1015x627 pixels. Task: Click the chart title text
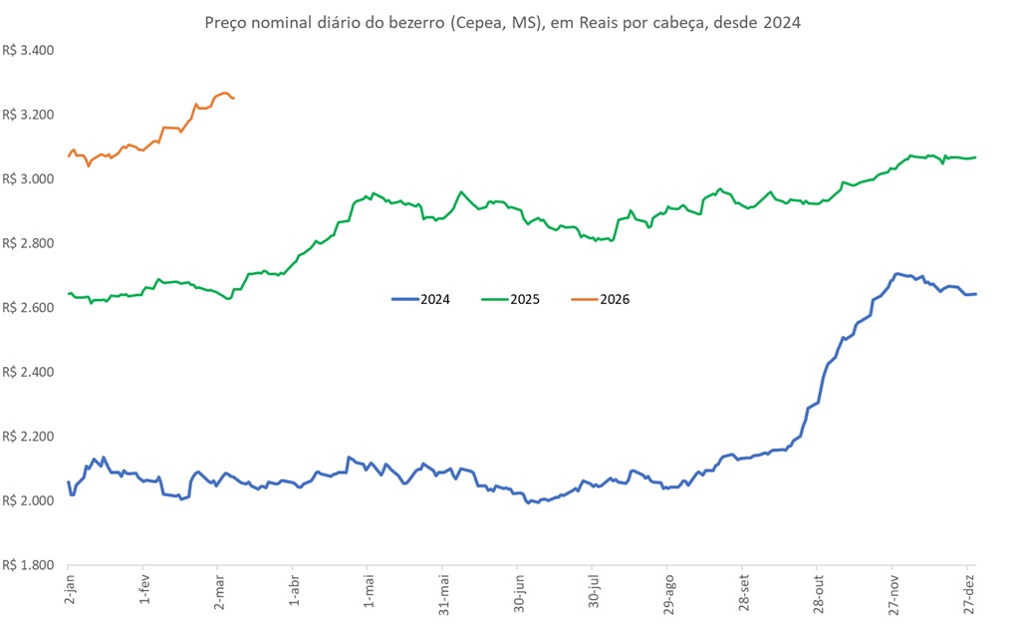coord(502,22)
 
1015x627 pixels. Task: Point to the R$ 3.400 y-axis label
coord(29,50)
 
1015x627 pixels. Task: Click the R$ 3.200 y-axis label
coord(29,115)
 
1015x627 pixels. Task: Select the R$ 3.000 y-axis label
coord(29,178)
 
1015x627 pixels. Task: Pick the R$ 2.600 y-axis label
coord(29,307)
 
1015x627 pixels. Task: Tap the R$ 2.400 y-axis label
coord(29,372)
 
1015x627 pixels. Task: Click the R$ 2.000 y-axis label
coord(29,500)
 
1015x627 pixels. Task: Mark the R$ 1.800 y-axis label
coord(29,564)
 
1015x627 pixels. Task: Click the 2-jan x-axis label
coord(68,591)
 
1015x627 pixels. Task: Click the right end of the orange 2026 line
coord(233,98)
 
